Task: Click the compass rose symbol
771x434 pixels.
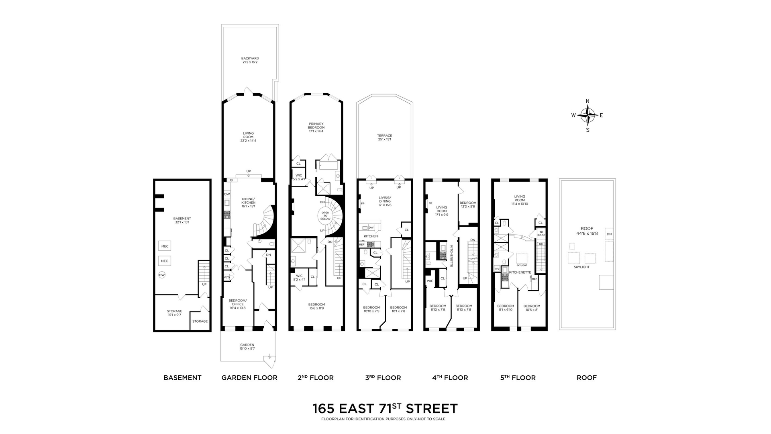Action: pyautogui.click(x=588, y=115)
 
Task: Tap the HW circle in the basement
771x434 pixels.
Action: pyautogui.click(x=162, y=275)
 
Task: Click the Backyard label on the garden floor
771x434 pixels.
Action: pyautogui.click(x=250, y=60)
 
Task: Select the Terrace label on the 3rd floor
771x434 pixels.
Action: pyautogui.click(x=384, y=137)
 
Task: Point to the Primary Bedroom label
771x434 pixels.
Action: pyautogui.click(x=316, y=127)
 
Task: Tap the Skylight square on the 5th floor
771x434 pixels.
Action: pyautogui.click(x=522, y=258)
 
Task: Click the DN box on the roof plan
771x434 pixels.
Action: pyautogui.click(x=609, y=234)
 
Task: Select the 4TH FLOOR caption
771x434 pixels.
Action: pyautogui.click(x=450, y=378)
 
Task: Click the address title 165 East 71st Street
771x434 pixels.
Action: pyautogui.click(x=385, y=409)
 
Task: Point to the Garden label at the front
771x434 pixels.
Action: pyautogui.click(x=247, y=346)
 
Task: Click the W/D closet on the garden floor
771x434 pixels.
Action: pyautogui.click(x=227, y=277)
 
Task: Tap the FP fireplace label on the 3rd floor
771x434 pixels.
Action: pyautogui.click(x=363, y=204)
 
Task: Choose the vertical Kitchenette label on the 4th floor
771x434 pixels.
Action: pyautogui.click(x=452, y=256)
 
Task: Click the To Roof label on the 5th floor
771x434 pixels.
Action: pyautogui.click(x=541, y=233)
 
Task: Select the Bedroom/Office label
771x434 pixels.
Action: pyautogui.click(x=237, y=304)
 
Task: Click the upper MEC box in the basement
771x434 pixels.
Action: pyautogui.click(x=165, y=246)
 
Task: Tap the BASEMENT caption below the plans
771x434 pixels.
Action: pyautogui.click(x=182, y=378)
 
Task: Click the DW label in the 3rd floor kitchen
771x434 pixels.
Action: pyautogui.click(x=371, y=227)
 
